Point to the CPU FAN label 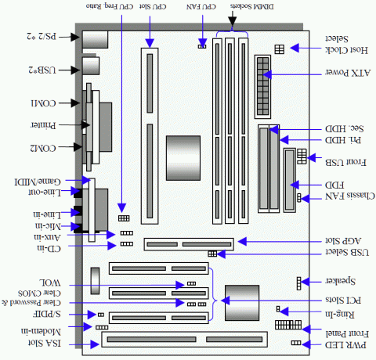pos(201,6)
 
